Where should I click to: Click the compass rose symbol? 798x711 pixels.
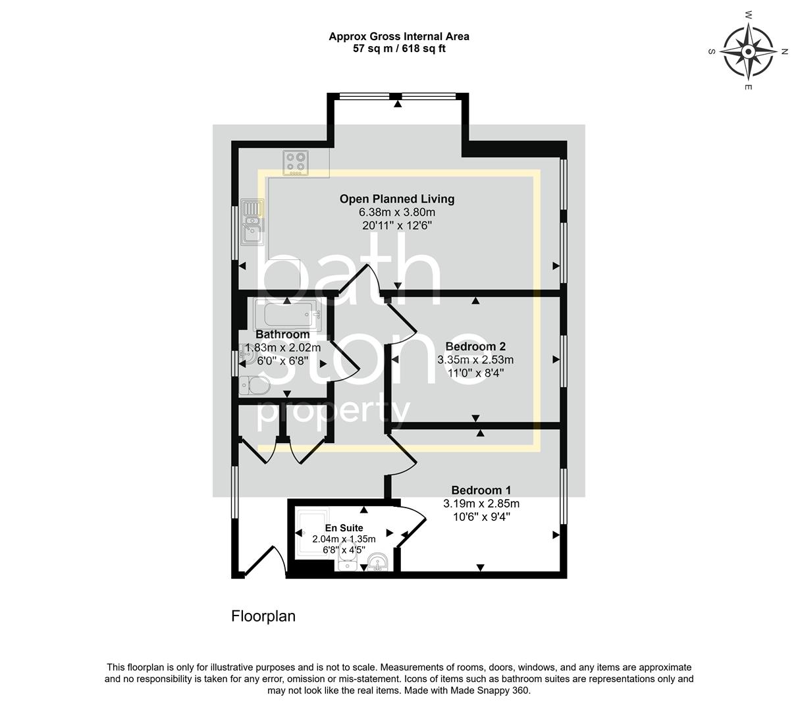coord(748,51)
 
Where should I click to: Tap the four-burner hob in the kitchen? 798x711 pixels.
coord(297,163)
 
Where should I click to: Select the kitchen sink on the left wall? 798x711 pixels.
coord(252,222)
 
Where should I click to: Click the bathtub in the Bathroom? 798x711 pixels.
coord(287,317)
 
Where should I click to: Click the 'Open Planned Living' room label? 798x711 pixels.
coord(396,199)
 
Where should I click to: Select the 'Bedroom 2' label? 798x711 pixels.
coord(475,346)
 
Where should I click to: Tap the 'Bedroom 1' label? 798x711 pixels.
coord(481,490)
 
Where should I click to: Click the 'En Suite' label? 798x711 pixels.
coord(344,528)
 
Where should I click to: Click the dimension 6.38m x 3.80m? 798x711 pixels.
coord(396,213)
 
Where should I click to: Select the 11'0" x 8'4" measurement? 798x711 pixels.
coord(475,373)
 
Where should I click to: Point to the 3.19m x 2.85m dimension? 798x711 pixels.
coord(481,504)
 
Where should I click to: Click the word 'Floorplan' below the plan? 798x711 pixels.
coord(263,616)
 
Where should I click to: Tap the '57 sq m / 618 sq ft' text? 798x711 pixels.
coord(399,49)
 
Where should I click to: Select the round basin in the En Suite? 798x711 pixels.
coord(377,562)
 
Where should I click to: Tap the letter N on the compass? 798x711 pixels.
coord(784,51)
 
